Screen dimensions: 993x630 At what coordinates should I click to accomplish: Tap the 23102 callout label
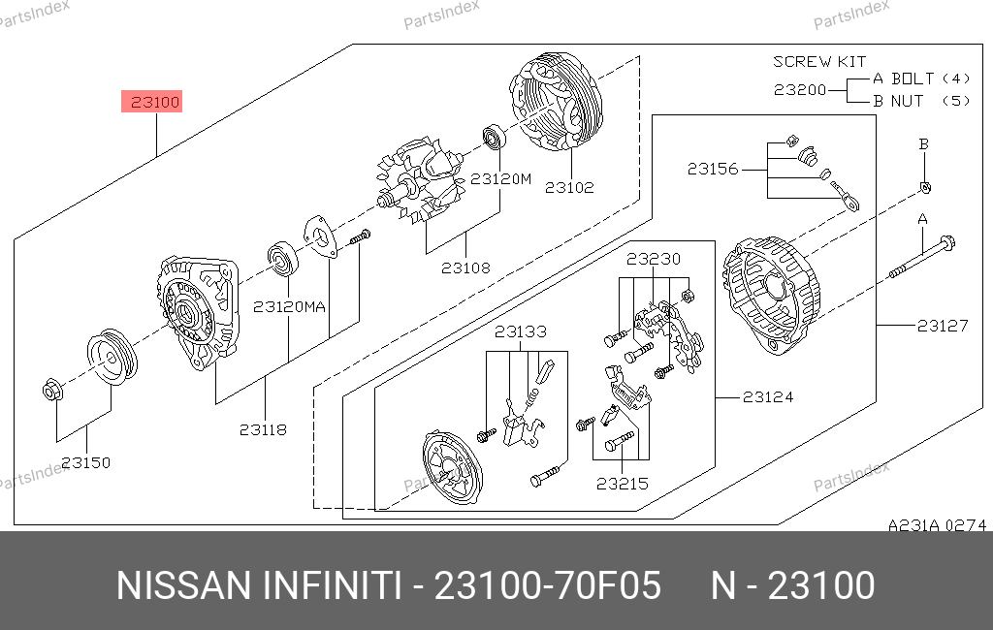click(569, 187)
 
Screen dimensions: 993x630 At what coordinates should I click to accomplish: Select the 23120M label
click(500, 179)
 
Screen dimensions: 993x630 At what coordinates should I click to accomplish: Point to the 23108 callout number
click(465, 268)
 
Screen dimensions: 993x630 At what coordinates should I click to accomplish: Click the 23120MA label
click(289, 307)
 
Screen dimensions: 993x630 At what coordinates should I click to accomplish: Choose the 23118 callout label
click(263, 430)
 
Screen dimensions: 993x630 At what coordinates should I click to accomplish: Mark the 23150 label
click(85, 463)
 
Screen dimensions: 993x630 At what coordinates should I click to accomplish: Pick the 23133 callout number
click(521, 331)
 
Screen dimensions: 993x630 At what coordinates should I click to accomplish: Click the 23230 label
click(654, 259)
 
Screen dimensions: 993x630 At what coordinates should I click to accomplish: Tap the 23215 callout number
click(623, 484)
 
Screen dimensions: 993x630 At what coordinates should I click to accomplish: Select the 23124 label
click(768, 397)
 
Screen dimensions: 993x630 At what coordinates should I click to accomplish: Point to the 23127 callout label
click(943, 326)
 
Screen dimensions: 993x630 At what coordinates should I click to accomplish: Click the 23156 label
click(713, 169)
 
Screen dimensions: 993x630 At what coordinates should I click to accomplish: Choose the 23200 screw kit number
click(800, 90)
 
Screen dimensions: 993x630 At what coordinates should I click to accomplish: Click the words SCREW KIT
click(819, 61)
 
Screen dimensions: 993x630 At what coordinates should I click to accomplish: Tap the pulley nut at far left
click(52, 390)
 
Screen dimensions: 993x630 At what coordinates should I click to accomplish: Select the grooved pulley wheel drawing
click(112, 357)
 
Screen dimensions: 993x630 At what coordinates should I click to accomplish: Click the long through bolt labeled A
click(922, 258)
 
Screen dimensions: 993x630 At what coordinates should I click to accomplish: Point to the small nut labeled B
click(925, 187)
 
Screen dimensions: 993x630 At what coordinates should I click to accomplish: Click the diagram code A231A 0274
click(938, 525)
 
